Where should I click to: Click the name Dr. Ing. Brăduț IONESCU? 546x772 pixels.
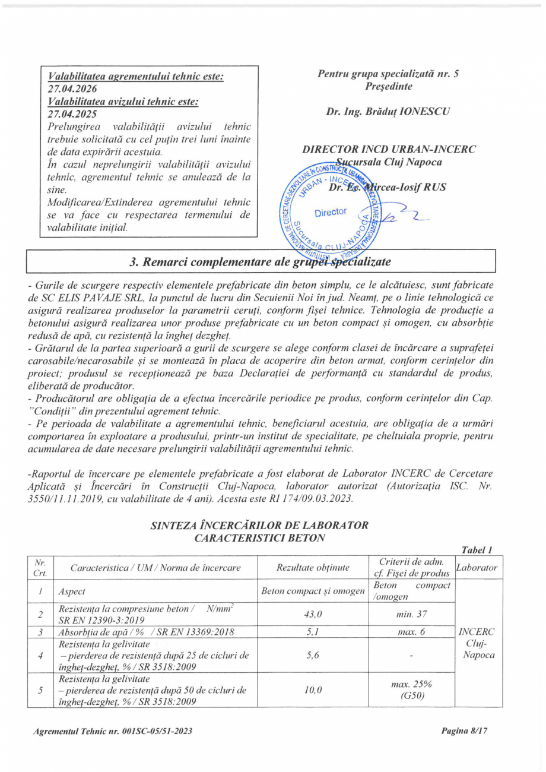[x=388, y=111]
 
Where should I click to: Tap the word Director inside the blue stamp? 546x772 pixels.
[x=331, y=213]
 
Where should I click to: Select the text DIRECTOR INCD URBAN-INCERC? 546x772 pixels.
[x=389, y=149]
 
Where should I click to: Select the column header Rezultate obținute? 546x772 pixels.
[x=313, y=568]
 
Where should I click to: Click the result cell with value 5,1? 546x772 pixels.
[x=313, y=632]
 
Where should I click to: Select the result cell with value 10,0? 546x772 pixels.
[x=313, y=690]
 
